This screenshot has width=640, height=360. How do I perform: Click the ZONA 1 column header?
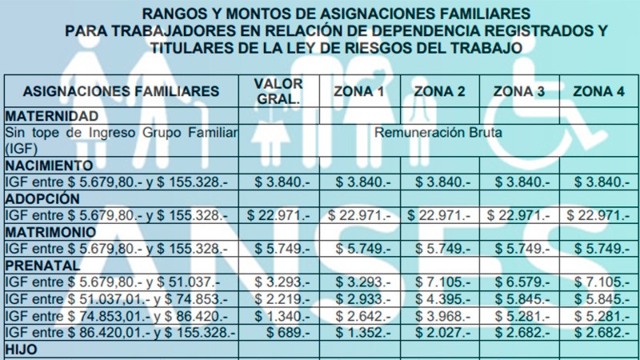359,91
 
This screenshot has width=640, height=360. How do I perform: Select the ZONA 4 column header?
598,91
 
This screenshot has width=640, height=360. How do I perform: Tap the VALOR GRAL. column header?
278,91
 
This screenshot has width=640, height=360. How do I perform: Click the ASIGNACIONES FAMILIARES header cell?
121,91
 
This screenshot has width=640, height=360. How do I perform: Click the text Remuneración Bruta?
438,132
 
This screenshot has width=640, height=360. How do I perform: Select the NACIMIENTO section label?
53,166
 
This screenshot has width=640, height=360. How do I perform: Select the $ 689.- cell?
278,332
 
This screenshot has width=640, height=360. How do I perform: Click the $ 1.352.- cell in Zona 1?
359,332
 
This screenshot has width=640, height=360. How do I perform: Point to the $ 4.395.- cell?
438,298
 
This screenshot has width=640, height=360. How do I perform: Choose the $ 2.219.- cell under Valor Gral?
278,298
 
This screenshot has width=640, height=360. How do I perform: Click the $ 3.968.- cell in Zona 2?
438,315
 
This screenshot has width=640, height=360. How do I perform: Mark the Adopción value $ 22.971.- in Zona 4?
598,215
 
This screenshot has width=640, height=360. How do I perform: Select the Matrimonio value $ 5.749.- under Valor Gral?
278,249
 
